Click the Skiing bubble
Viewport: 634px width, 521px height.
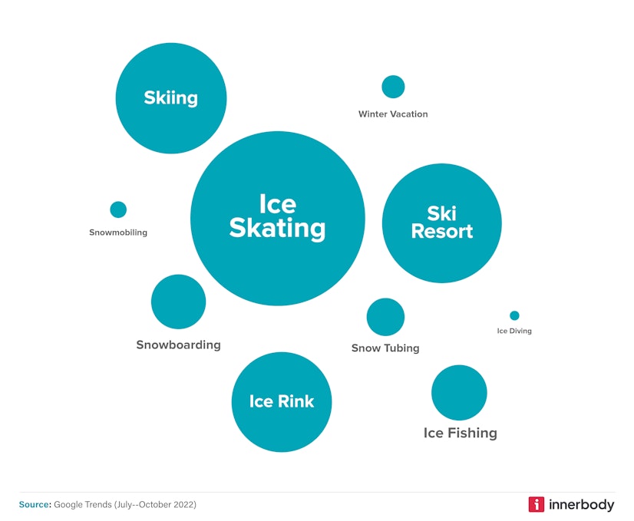[171, 98]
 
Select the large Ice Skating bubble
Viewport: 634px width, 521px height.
[277, 218]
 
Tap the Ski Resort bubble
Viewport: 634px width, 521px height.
[441, 223]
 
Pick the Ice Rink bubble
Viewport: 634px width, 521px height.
[282, 401]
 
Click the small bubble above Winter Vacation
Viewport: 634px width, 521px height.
[393, 87]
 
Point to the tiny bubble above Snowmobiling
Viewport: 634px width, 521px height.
[118, 209]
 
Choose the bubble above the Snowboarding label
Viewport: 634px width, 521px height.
[178, 302]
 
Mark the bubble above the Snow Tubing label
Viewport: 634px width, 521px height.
[385, 317]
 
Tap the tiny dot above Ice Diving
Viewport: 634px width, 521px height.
[514, 315]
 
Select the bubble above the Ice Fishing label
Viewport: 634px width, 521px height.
[459, 393]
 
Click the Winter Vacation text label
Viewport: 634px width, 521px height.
[393, 114]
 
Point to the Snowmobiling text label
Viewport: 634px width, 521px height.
[118, 232]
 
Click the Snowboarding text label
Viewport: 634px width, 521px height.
[178, 345]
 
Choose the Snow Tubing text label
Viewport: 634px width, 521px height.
[385, 348]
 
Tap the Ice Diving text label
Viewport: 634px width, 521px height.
[514, 331]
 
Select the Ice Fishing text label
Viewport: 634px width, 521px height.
[460, 434]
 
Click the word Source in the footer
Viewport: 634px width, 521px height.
[35, 504]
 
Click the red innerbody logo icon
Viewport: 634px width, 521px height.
[536, 504]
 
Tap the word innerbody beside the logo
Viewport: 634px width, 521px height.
[582, 504]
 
